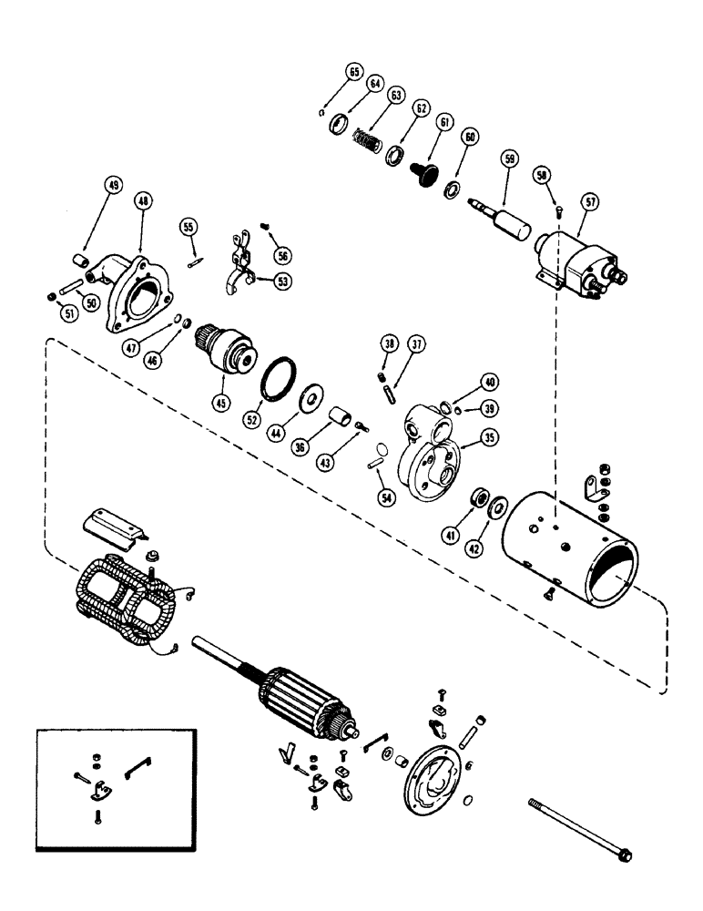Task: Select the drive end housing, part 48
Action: click(134, 291)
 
